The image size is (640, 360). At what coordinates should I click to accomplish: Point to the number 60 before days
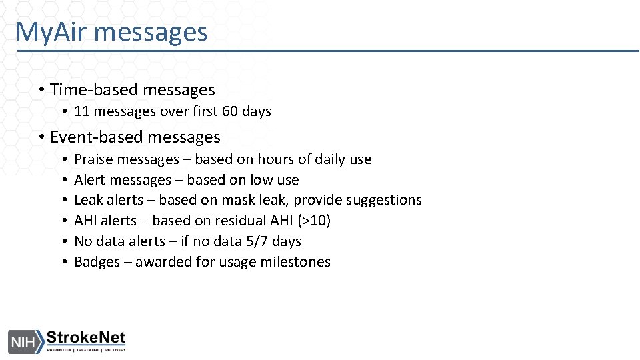point(230,111)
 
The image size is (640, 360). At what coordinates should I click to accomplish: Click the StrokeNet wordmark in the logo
point(85,338)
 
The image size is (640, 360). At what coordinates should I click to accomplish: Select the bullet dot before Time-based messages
point(41,91)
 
